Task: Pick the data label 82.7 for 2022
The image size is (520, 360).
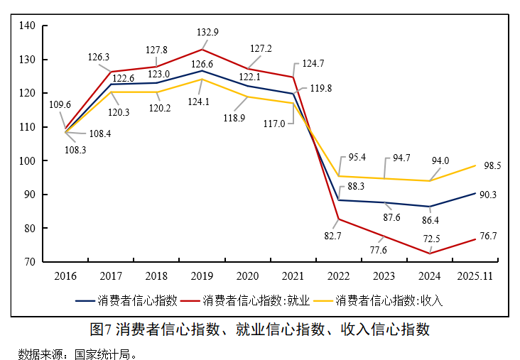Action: pos(332,234)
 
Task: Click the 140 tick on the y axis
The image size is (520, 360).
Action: pos(28,26)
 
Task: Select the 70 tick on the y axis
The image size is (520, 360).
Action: pos(31,262)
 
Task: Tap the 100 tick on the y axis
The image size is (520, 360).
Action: pos(28,161)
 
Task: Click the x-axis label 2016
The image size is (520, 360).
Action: pos(66,275)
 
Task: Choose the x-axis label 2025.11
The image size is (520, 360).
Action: pos(475,275)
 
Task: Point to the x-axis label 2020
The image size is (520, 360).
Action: pos(247,275)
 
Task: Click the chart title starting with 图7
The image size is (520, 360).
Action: pos(260,329)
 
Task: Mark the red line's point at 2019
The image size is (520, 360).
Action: pos(202,50)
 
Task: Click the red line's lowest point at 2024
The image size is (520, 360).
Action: pos(430,253)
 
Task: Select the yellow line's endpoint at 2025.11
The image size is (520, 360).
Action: pos(475,165)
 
